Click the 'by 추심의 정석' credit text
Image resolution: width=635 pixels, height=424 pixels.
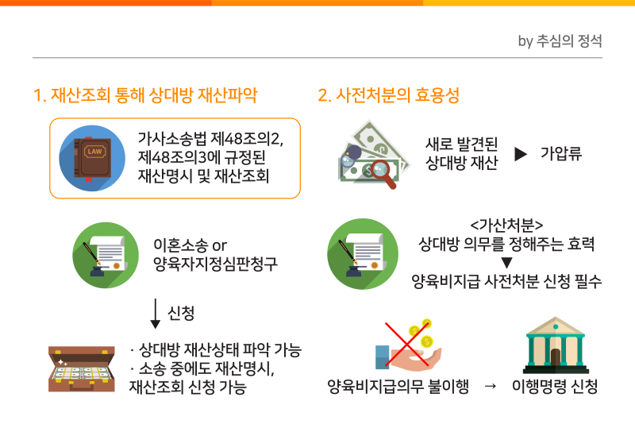coord(560,41)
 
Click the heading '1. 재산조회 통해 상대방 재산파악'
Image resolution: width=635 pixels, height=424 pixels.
coord(145,95)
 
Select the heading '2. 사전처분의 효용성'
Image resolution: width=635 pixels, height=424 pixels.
coord(388,95)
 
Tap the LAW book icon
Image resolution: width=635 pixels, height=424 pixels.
coord(92,158)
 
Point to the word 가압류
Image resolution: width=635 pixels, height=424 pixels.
coord(561,153)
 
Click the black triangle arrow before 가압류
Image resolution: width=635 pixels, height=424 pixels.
coord(521,154)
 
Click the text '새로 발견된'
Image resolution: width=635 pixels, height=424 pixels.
coord(462,145)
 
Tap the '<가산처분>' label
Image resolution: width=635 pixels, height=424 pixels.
coord(506,225)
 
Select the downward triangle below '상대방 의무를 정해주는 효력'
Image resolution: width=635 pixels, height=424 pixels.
coord(506,263)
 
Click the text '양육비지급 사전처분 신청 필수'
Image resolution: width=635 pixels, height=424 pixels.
coord(506,281)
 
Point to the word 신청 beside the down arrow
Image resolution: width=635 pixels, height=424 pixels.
coord(181,313)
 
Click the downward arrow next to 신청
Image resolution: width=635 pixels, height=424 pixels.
coord(156,314)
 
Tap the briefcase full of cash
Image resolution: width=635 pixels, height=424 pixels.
coord(82,369)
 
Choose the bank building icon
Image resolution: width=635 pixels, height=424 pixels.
coord(556,345)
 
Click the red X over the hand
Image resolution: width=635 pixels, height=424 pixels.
coord(407,345)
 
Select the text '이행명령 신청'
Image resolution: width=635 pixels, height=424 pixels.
coord(555,387)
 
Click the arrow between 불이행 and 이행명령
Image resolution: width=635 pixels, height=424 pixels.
coord(491,387)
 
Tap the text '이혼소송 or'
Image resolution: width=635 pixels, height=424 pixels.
coord(190,245)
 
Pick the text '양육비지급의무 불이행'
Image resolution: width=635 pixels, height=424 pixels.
coord(398,387)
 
